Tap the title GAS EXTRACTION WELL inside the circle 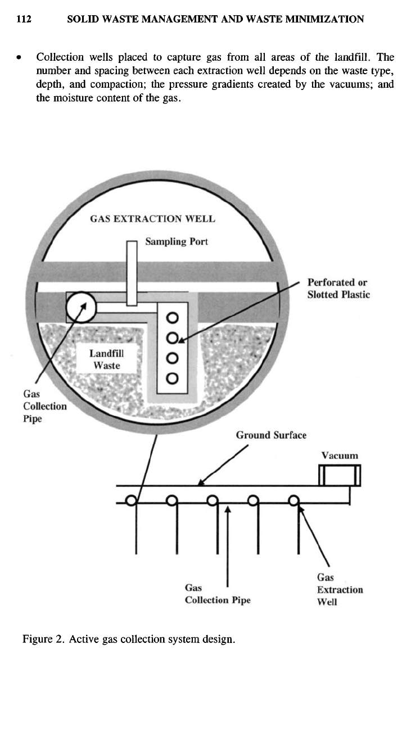pos(153,219)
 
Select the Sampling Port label pos(177,242)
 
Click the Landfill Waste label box pos(107,359)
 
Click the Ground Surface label pos(271,435)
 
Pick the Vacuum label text pos(340,456)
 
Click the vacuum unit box pos(340,475)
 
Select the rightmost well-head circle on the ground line pos(293,500)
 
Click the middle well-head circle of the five pos(212,500)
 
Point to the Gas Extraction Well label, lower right pos(340,590)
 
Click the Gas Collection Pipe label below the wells pos(218,595)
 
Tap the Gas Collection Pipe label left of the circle pos(44,406)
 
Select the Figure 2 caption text pos(128,641)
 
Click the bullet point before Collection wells pos(21,57)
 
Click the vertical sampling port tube pos(132,273)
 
